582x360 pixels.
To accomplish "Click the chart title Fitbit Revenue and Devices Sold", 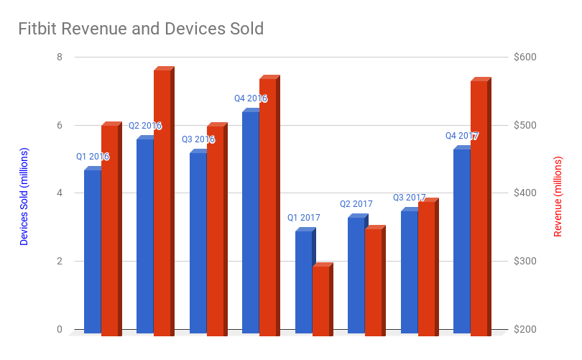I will pyautogui.click(x=141, y=29).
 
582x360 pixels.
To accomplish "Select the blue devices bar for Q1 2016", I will pyautogui.click(x=92, y=251).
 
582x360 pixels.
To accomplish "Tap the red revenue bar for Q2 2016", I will pyautogui.click(x=162, y=201).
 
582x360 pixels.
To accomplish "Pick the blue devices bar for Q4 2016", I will pyautogui.click(x=250, y=223).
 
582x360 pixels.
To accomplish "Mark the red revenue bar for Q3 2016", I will pyautogui.click(x=215, y=230).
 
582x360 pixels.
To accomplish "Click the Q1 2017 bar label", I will pyautogui.click(x=303, y=218).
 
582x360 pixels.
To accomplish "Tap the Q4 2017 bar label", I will pyautogui.click(x=461, y=136).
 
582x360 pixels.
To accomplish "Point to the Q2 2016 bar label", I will pyautogui.click(x=145, y=126).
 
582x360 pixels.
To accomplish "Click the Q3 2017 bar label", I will pyautogui.click(x=409, y=198).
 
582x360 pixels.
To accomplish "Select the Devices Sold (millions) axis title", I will pyautogui.click(x=24, y=197).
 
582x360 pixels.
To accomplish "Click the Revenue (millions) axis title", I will pyautogui.click(x=558, y=195).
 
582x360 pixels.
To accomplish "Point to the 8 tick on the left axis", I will pyautogui.click(x=60, y=57).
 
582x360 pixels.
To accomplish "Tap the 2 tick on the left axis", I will pyautogui.click(x=60, y=262).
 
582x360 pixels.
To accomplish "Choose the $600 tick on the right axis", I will pyautogui.click(x=525, y=57).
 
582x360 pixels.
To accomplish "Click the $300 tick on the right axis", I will pyautogui.click(x=525, y=262).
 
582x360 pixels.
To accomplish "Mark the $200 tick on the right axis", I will pyautogui.click(x=525, y=330).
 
